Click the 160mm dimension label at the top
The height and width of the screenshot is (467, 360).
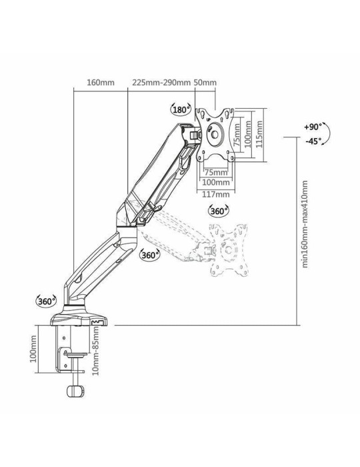[101, 83]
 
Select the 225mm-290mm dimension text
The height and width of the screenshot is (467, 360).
[161, 83]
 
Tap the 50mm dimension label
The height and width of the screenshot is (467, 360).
[205, 83]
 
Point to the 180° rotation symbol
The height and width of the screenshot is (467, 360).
[180, 109]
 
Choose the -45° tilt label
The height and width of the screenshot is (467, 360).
[311, 141]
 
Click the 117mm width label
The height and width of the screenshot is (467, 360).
[215, 194]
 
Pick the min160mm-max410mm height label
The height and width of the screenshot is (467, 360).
[305, 223]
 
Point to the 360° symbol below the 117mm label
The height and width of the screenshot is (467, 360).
[218, 211]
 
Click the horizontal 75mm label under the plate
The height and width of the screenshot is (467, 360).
[215, 171]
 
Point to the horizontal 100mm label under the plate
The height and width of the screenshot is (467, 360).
[215, 181]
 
